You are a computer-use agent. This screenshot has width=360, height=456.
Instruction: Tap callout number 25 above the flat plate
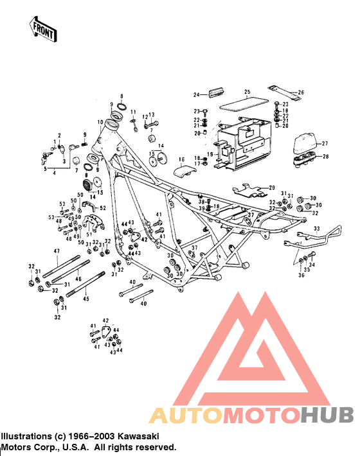tap(246, 92)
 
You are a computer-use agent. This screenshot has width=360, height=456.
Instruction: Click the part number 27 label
tap(325, 143)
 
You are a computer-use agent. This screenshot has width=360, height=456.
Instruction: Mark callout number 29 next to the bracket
tap(271, 187)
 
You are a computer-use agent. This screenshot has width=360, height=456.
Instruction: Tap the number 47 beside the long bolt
tap(56, 250)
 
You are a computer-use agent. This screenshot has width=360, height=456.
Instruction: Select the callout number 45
tap(86, 298)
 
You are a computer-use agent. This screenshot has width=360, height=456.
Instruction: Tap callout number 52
tap(102, 208)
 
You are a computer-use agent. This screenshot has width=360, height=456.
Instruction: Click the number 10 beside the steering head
tap(100, 121)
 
